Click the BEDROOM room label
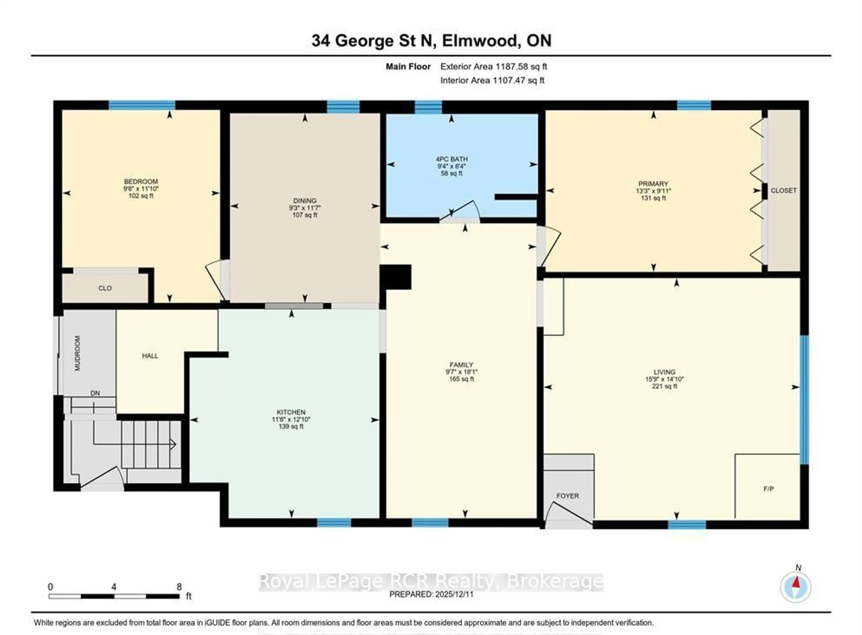[141, 181]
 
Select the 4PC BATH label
[452, 159]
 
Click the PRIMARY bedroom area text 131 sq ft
[653, 198]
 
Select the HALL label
[150, 356]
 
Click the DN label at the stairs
[95, 393]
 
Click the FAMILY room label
[461, 365]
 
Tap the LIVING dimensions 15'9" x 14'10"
[664, 379]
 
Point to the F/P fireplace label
[769, 489]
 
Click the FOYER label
[567, 496]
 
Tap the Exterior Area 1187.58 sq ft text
[493, 66]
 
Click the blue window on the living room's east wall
[804, 400]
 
